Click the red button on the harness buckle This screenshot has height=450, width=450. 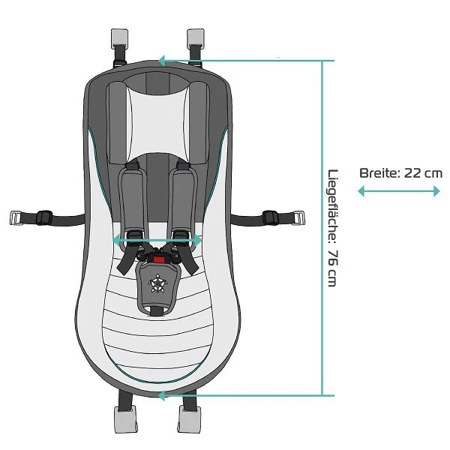158,259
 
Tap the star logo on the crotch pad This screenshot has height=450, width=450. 158,283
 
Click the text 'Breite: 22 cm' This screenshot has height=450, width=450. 400,173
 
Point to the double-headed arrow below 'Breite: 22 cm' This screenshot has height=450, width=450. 398,191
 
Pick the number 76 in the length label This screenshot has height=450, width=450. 332,256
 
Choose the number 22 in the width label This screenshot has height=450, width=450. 413,173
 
